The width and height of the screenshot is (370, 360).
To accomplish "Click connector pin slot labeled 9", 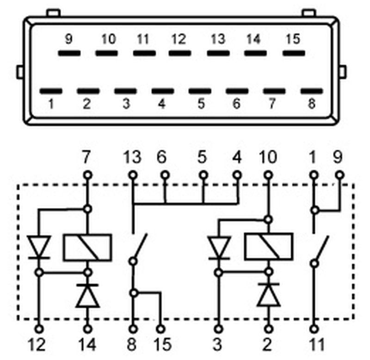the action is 69,53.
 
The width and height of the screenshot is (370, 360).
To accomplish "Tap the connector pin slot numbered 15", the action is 294,53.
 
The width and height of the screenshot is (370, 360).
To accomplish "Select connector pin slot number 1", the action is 51,91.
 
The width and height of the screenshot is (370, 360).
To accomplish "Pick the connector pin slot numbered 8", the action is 312,91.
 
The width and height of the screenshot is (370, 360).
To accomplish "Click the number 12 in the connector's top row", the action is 179,39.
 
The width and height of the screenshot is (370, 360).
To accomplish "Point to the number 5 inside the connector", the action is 201,104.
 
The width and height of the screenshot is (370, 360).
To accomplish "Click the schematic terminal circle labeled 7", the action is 88,176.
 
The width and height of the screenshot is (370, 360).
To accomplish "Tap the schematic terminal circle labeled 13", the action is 133,176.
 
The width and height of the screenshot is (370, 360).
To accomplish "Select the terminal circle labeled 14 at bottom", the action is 88,329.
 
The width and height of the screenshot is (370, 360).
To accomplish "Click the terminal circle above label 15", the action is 161,329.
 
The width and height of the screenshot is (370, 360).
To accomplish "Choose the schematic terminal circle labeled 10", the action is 268,176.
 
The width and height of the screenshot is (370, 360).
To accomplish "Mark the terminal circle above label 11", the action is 314,329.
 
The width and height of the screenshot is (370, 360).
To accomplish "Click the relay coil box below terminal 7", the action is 87,248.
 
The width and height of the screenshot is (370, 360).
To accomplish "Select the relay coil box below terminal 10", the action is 269,247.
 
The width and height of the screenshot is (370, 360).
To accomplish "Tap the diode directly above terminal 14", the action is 87,296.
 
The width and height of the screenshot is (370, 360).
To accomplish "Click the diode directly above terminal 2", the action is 269,295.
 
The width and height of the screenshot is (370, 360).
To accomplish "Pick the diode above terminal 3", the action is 219,248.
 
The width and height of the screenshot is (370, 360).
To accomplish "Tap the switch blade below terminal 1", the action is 321,249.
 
